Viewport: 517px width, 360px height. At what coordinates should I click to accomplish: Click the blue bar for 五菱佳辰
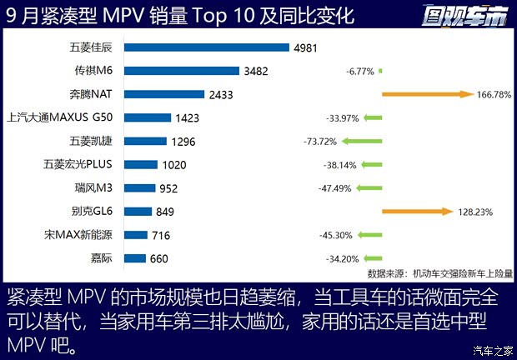(208, 47)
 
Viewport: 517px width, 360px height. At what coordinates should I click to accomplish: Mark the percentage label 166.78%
(492, 95)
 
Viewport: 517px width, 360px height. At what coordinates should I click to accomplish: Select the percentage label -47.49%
(335, 188)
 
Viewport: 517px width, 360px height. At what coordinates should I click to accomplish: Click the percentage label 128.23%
(474, 212)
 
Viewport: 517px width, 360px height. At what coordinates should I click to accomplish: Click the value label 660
(159, 258)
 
